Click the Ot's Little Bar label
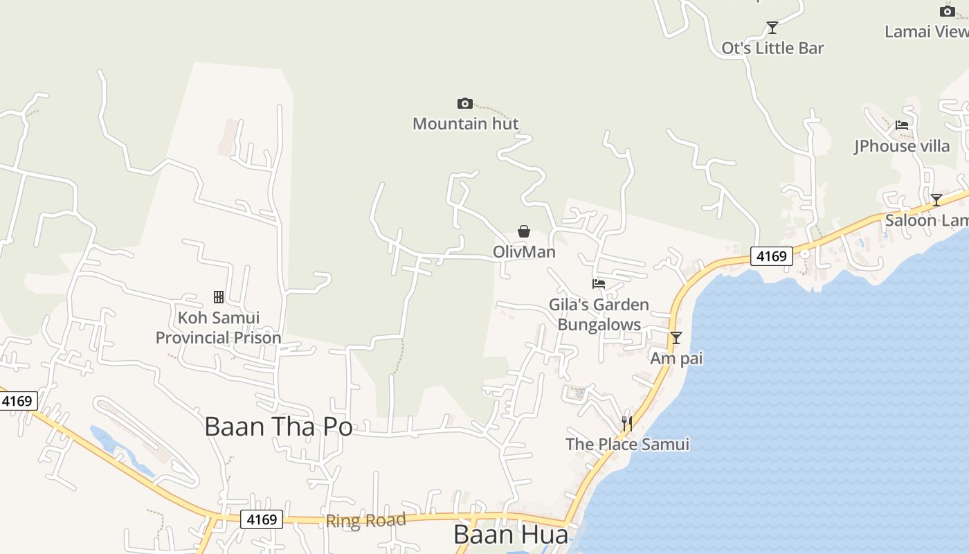[772, 48]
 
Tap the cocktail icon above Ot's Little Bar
[772, 28]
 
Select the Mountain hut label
[465, 124]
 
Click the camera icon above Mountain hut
[465, 104]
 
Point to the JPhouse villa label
[902, 146]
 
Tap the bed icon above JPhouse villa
[902, 125]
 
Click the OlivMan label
[524, 251]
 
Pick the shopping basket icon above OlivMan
[524, 231]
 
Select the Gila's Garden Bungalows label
[599, 314]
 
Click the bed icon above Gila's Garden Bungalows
[599, 284]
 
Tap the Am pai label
[676, 359]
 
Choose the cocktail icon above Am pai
[676, 338]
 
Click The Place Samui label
[627, 444]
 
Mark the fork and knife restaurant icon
[627, 423]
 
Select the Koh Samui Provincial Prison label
[218, 328]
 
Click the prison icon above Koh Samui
[219, 297]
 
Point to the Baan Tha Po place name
[278, 427]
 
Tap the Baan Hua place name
[511, 535]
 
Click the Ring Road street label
[365, 521]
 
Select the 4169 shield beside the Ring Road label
[262, 519]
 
